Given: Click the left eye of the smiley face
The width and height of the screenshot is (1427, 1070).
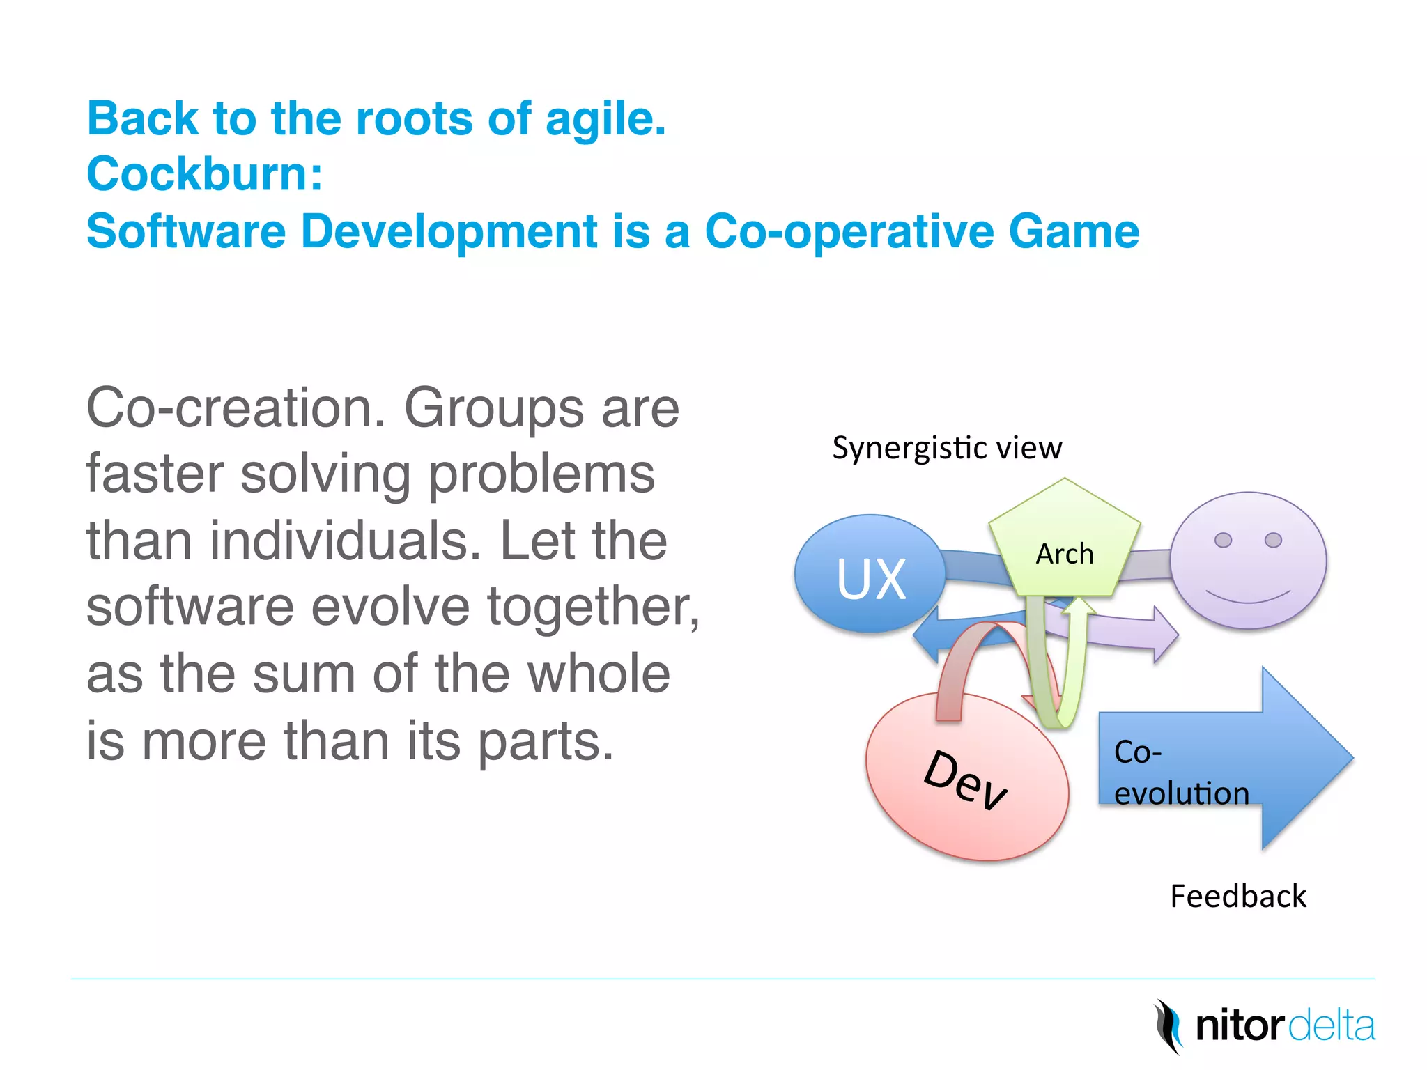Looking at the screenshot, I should pos(1223,540).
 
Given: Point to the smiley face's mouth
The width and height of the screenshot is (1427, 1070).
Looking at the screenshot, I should pos(1248,597).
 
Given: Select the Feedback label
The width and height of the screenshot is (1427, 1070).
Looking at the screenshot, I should pos(1237,896).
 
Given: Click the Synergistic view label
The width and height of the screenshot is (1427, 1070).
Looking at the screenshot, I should pos(947,448).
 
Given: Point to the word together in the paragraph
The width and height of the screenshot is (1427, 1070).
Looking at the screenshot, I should pos(592,607).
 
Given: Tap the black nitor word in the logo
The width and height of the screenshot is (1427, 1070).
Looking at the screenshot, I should pos(1240,1026).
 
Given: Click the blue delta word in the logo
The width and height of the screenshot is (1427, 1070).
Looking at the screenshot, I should pos(1332,1026).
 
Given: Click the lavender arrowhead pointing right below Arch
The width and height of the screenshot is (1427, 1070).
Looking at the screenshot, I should pos(1164,635).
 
